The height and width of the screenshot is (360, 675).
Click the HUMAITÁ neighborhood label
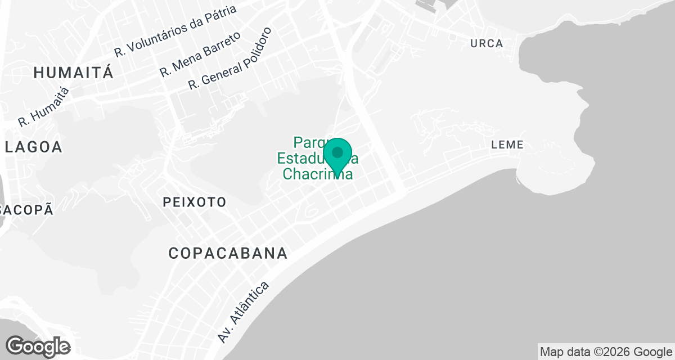tap(74, 73)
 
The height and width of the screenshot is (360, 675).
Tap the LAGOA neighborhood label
tap(33, 147)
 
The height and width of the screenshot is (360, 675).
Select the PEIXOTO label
tap(194, 202)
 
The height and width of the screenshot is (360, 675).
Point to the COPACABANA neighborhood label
tap(228, 253)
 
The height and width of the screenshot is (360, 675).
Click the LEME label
tap(507, 145)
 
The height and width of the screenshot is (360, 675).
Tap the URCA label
tap(487, 44)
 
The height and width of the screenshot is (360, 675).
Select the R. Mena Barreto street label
tap(200, 55)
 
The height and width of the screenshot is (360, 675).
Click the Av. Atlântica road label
tap(244, 312)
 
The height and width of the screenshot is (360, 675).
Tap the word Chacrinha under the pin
tap(317, 174)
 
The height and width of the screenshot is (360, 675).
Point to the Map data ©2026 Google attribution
tap(606, 352)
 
